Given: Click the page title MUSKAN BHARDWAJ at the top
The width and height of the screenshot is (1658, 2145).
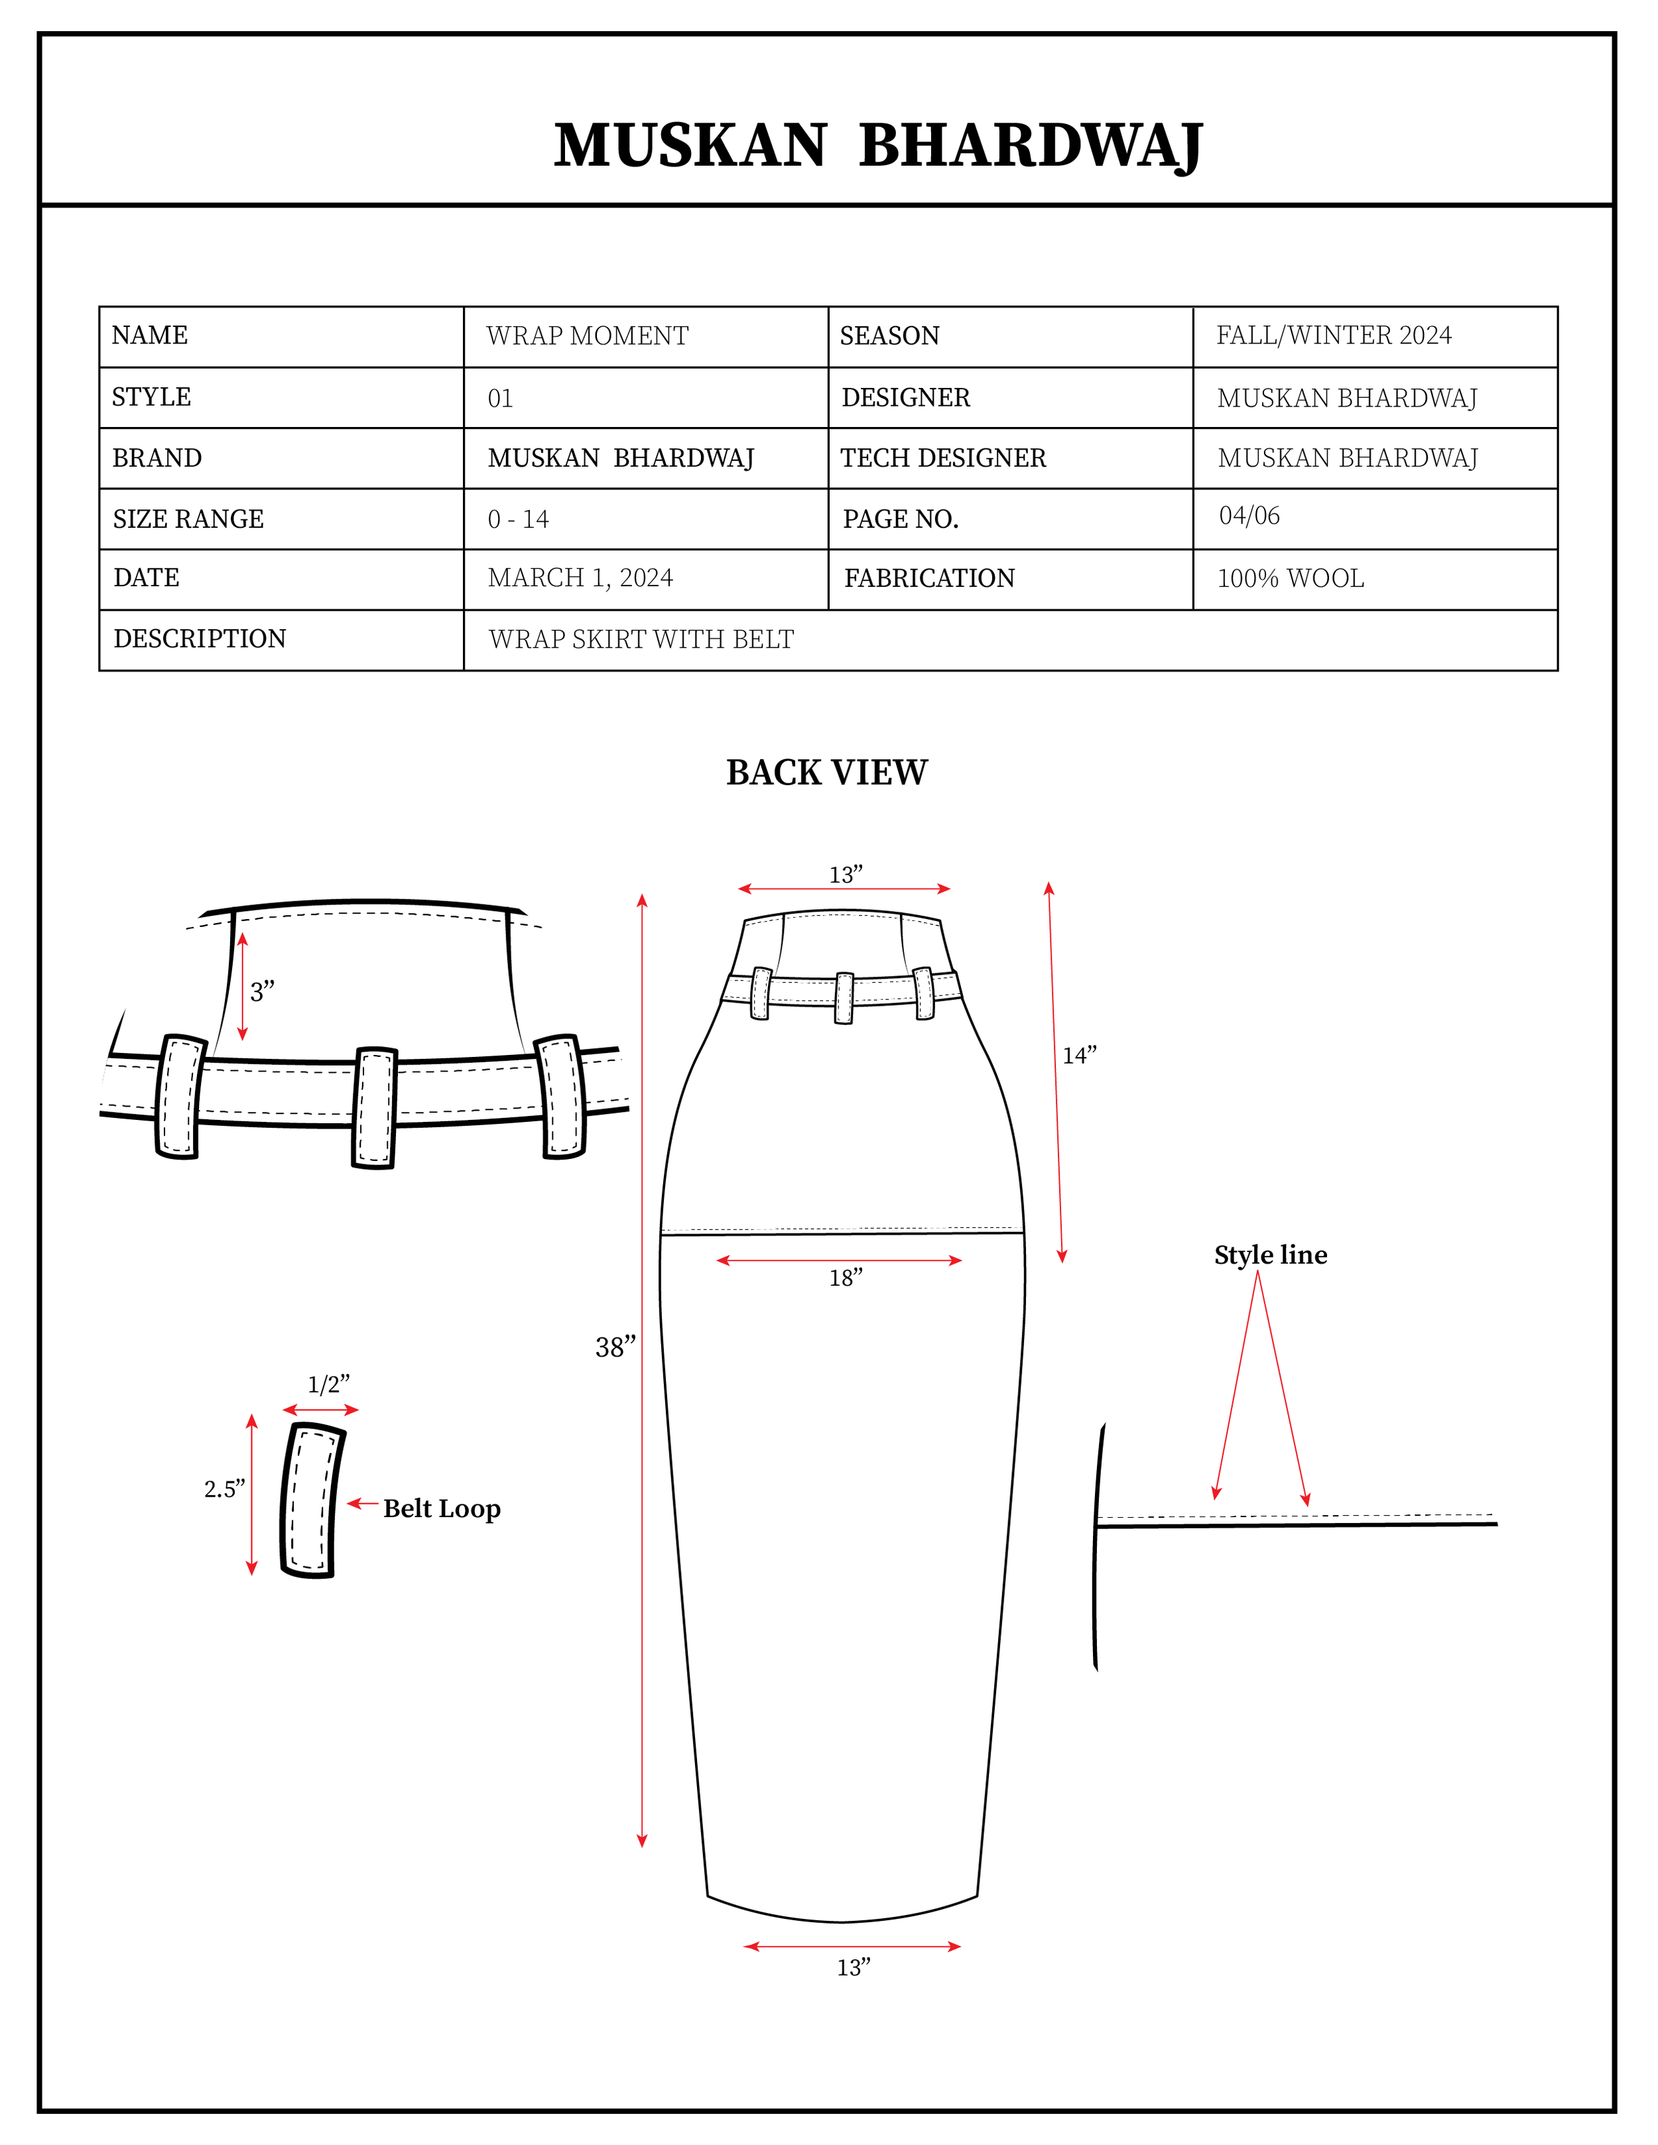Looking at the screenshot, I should pos(877,147).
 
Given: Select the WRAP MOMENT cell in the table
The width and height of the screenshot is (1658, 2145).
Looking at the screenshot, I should pos(588,336).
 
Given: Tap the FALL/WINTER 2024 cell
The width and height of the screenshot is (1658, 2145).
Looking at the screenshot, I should pos(1333,336).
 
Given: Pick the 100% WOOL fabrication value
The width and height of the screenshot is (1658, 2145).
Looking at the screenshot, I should pos(1290,578).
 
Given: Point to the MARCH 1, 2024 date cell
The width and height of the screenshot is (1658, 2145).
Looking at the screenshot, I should pos(580,578).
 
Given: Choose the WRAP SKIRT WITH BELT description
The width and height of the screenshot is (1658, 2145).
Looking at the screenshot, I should pos(641,639).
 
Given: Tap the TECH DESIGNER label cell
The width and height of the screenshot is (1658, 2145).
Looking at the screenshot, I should pos(943,458).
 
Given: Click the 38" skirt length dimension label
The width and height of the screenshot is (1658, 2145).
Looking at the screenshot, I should pos(615,1347).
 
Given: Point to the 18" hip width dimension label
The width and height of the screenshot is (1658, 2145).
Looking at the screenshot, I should pos(845,1278).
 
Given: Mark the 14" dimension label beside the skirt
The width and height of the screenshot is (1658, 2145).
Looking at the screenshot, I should pos(1078,1056).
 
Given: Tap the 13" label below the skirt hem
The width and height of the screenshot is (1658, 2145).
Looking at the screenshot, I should pos(853,1968).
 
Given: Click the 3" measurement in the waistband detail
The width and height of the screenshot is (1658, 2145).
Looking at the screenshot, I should pos(261,992).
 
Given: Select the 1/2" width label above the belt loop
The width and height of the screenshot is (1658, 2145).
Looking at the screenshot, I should pos(328,1385).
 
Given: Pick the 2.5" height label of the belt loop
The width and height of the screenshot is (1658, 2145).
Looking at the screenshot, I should pos(224,1489).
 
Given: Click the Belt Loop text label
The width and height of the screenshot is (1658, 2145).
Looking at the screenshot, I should pos(441,1508).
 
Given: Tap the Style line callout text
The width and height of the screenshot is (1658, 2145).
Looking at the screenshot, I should pos(1270,1255).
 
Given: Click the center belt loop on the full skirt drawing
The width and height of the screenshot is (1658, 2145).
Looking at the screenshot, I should pos(844,998).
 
